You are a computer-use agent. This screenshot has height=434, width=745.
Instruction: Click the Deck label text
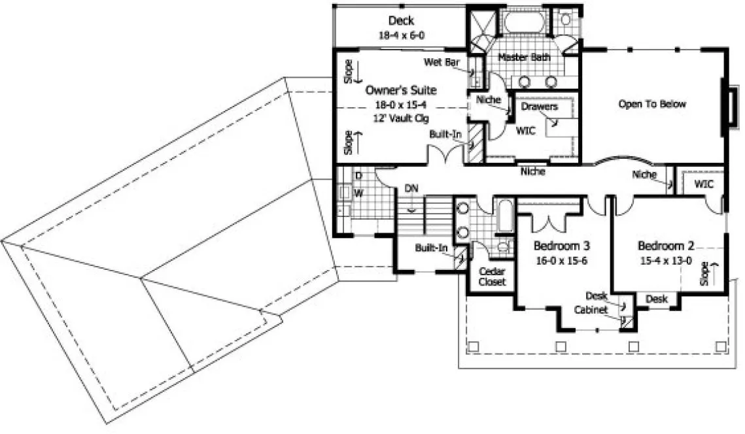[402, 21]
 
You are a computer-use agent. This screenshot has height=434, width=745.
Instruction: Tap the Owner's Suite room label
[400, 90]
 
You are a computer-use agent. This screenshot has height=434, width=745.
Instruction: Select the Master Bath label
[524, 58]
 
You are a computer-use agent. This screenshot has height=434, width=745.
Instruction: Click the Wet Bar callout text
[442, 62]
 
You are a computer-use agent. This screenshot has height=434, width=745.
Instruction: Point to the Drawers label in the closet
[540, 106]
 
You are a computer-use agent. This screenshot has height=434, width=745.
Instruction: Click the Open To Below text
[652, 104]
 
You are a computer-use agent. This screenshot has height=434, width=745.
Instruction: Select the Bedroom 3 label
[562, 246]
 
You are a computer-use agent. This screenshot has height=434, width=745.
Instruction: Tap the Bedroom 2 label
[666, 246]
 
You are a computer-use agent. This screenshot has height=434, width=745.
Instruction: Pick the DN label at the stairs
[411, 188]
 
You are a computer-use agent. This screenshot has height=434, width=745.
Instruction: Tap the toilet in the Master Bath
[565, 20]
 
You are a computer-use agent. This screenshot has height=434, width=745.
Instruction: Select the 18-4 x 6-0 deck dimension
[402, 35]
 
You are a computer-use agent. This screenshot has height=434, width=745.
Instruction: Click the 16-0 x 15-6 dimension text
[562, 260]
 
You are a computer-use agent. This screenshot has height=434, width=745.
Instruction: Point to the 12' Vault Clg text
[400, 118]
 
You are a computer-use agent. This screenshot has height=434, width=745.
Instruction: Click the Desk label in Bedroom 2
[656, 299]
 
